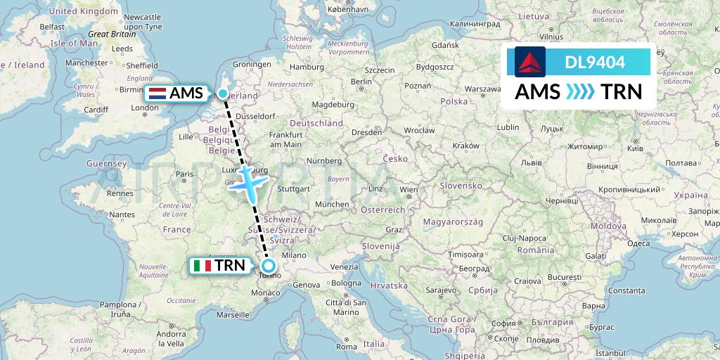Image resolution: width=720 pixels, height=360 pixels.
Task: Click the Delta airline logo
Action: [x=530, y=62]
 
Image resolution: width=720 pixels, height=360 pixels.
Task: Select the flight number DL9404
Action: [x=595, y=62]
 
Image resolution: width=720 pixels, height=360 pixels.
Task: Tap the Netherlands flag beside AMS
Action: [x=157, y=93]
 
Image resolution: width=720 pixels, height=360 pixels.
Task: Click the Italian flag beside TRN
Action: [x=203, y=266]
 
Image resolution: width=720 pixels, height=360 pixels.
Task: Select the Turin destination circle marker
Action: [x=268, y=266]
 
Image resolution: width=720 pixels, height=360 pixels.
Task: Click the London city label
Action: [x=145, y=108]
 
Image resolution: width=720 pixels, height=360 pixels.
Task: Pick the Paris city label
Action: [x=184, y=174]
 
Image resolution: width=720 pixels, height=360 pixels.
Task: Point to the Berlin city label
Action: [x=361, y=82]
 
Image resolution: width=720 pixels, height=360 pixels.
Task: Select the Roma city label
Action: [x=347, y=347]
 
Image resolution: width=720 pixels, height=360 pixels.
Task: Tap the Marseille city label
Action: [x=233, y=315]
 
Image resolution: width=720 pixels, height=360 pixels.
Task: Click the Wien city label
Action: [x=408, y=190]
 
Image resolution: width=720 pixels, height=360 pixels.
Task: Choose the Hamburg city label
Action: [x=306, y=67]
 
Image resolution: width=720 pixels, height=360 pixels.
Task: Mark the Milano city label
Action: [x=295, y=255]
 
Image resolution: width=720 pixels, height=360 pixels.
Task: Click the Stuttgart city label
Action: [x=294, y=188]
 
